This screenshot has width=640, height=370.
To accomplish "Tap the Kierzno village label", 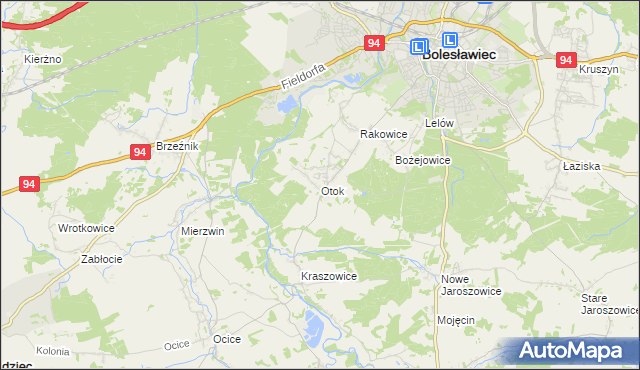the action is (x=43, y=60).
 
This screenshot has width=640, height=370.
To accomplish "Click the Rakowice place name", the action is (x=383, y=134).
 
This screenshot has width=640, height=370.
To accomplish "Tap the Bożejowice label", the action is (x=423, y=160).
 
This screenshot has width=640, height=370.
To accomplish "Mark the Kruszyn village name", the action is (x=599, y=69).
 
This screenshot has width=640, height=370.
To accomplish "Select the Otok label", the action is (x=332, y=190).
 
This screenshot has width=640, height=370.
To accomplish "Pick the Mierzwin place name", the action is (x=202, y=230).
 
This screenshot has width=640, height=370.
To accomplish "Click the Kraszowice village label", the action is (x=328, y=276).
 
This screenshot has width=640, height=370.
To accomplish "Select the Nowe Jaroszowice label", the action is (x=471, y=284).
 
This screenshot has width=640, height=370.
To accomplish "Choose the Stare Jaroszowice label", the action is (x=609, y=304).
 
